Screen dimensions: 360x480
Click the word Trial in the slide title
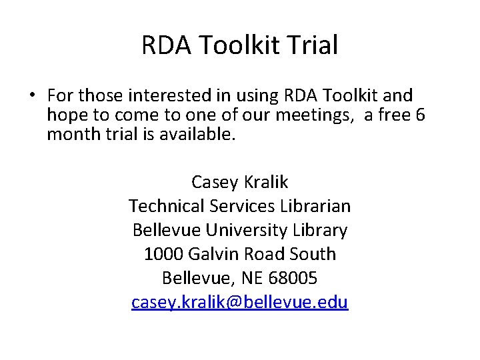tap(314, 45)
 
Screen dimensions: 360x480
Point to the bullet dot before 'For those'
tap(31, 95)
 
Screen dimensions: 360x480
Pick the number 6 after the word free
tap(419, 115)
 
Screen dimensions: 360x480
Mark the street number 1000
tap(164, 254)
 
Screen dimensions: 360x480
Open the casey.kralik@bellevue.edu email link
tap(240, 302)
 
